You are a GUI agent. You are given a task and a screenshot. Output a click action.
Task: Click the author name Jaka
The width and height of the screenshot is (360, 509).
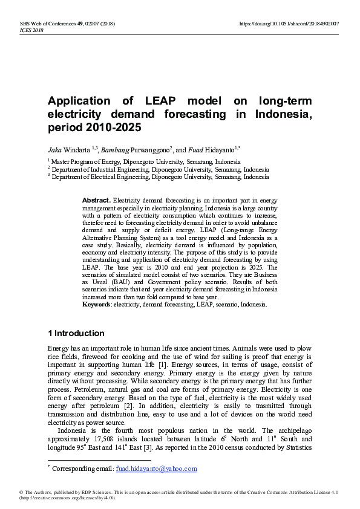coord(55,149)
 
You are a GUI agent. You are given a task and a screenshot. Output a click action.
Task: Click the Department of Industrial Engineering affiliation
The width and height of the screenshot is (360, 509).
coord(160,170)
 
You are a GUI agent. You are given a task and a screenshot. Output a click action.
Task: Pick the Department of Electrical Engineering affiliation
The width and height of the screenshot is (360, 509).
coord(160,177)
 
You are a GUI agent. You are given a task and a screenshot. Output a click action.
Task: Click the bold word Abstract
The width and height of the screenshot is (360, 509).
coord(96,200)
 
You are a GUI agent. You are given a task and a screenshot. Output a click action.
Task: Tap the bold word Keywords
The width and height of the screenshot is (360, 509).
coord(97,305)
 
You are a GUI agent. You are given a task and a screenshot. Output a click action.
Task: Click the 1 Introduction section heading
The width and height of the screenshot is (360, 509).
coord(76,334)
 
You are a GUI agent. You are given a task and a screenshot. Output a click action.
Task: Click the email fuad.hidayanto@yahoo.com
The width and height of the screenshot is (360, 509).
coord(156,468)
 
